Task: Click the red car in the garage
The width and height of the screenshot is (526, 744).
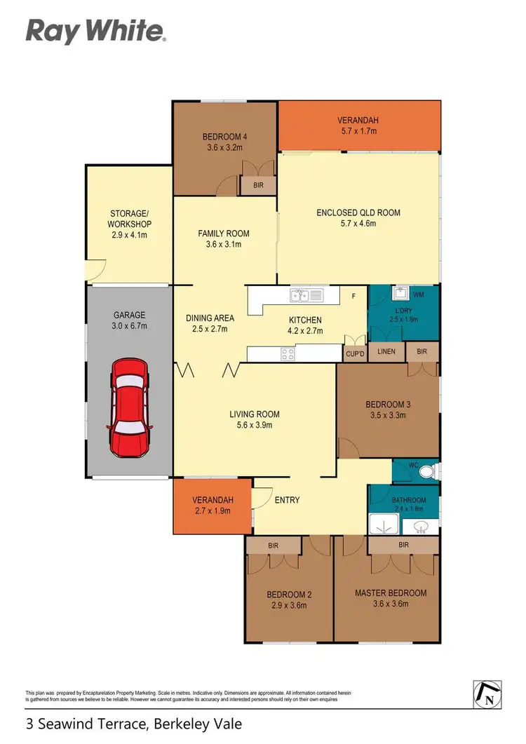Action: click(129, 407)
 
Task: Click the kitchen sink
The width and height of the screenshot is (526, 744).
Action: click(306, 295)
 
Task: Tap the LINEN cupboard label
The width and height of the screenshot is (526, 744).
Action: click(386, 351)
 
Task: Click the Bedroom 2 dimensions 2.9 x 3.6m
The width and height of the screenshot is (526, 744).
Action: click(289, 607)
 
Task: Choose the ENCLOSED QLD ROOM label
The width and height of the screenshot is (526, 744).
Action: click(358, 213)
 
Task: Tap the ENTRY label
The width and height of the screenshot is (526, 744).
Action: click(287, 500)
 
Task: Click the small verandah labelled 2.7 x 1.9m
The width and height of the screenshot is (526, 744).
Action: click(213, 506)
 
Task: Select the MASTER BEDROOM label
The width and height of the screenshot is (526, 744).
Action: click(390, 593)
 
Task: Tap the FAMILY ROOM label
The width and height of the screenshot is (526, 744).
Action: click(223, 234)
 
